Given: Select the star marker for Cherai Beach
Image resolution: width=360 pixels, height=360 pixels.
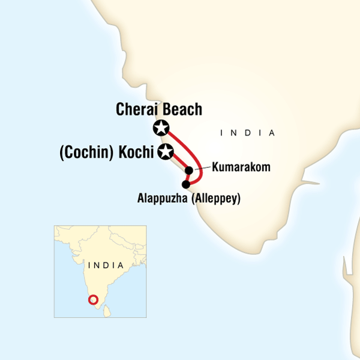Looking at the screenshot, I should (161, 127).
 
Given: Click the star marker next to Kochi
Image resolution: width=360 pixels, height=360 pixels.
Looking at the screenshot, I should (166, 152).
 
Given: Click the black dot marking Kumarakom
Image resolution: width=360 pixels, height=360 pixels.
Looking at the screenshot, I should (190, 170).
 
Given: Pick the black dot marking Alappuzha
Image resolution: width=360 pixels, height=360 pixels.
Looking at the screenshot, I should (185, 184).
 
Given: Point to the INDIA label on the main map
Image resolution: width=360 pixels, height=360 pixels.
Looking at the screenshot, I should (246, 133).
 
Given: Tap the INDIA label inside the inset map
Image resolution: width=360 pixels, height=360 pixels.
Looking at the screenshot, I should (105, 265).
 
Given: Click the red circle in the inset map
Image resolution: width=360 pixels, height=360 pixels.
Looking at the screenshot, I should (93, 300).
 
